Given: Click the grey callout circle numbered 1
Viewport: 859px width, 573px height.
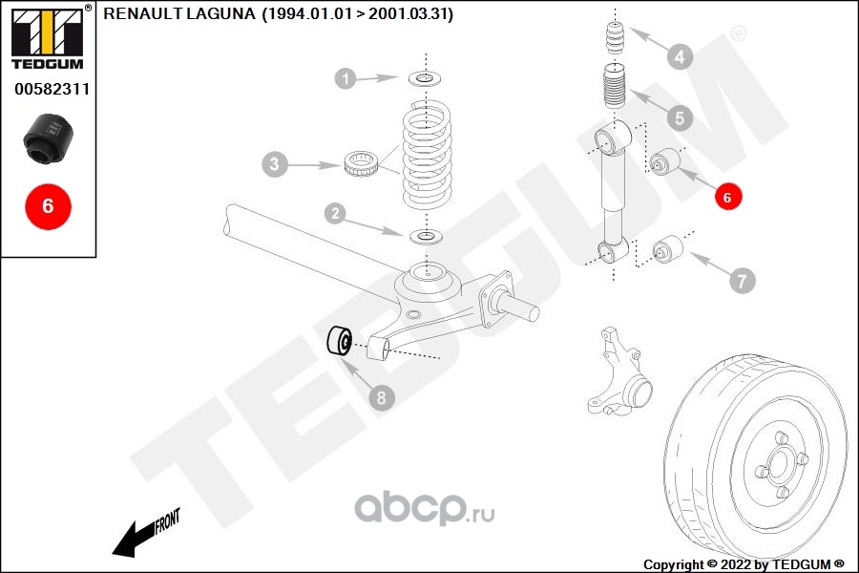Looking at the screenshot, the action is [346, 78].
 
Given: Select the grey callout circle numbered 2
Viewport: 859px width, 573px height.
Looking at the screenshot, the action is [334, 214].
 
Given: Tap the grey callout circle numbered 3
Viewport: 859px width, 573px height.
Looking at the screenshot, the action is [274, 165].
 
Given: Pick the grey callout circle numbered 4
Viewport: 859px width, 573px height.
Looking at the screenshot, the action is [679, 57].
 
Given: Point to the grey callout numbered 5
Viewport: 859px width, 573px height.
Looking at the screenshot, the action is [679, 118].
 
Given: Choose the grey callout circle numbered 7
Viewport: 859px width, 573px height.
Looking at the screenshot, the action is [742, 280].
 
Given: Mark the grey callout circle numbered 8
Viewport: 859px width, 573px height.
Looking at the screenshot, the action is [381, 398].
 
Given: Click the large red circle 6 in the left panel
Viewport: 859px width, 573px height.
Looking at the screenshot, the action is [48, 204].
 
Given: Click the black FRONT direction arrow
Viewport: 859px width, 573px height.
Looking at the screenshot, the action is [143, 535].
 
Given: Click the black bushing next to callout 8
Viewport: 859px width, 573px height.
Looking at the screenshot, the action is [340, 339].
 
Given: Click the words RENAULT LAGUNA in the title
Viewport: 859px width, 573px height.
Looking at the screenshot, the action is [178, 13].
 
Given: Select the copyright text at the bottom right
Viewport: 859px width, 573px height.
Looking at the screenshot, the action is [744, 563].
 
